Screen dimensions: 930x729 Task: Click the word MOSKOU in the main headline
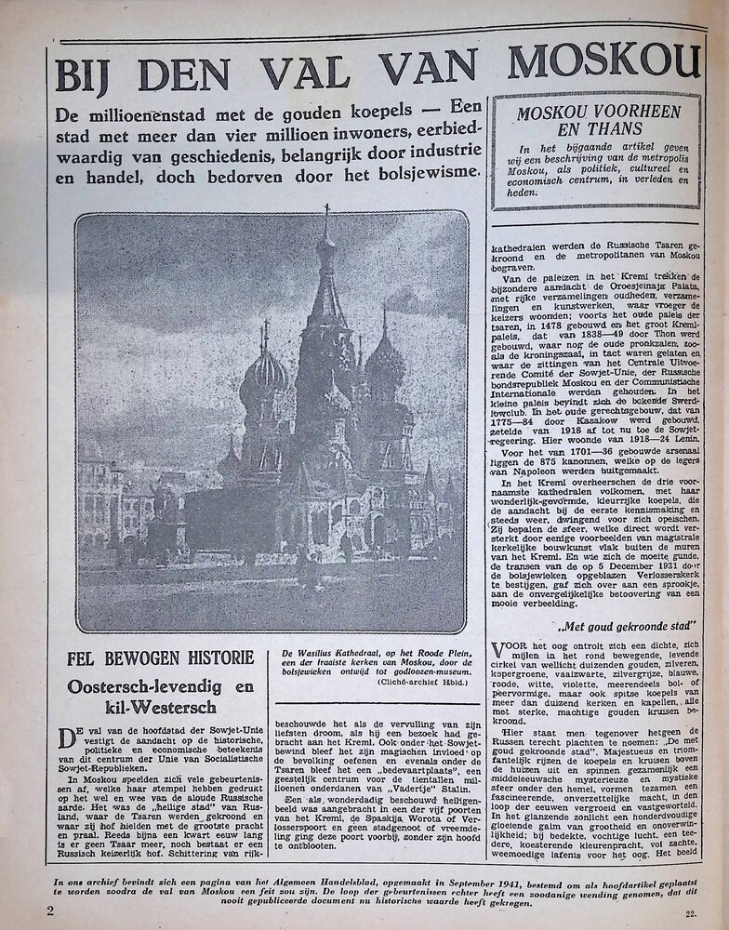pos(603,61)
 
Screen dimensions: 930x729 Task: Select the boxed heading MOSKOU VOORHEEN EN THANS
pos(596,121)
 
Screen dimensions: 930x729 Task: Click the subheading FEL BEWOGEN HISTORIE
pos(160,658)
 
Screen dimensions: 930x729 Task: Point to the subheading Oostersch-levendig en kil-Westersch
pos(160,697)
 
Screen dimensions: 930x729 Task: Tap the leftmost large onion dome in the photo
pos(265,370)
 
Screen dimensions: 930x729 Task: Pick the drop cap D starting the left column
pos(66,737)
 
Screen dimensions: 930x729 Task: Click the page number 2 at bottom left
pos(50,910)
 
